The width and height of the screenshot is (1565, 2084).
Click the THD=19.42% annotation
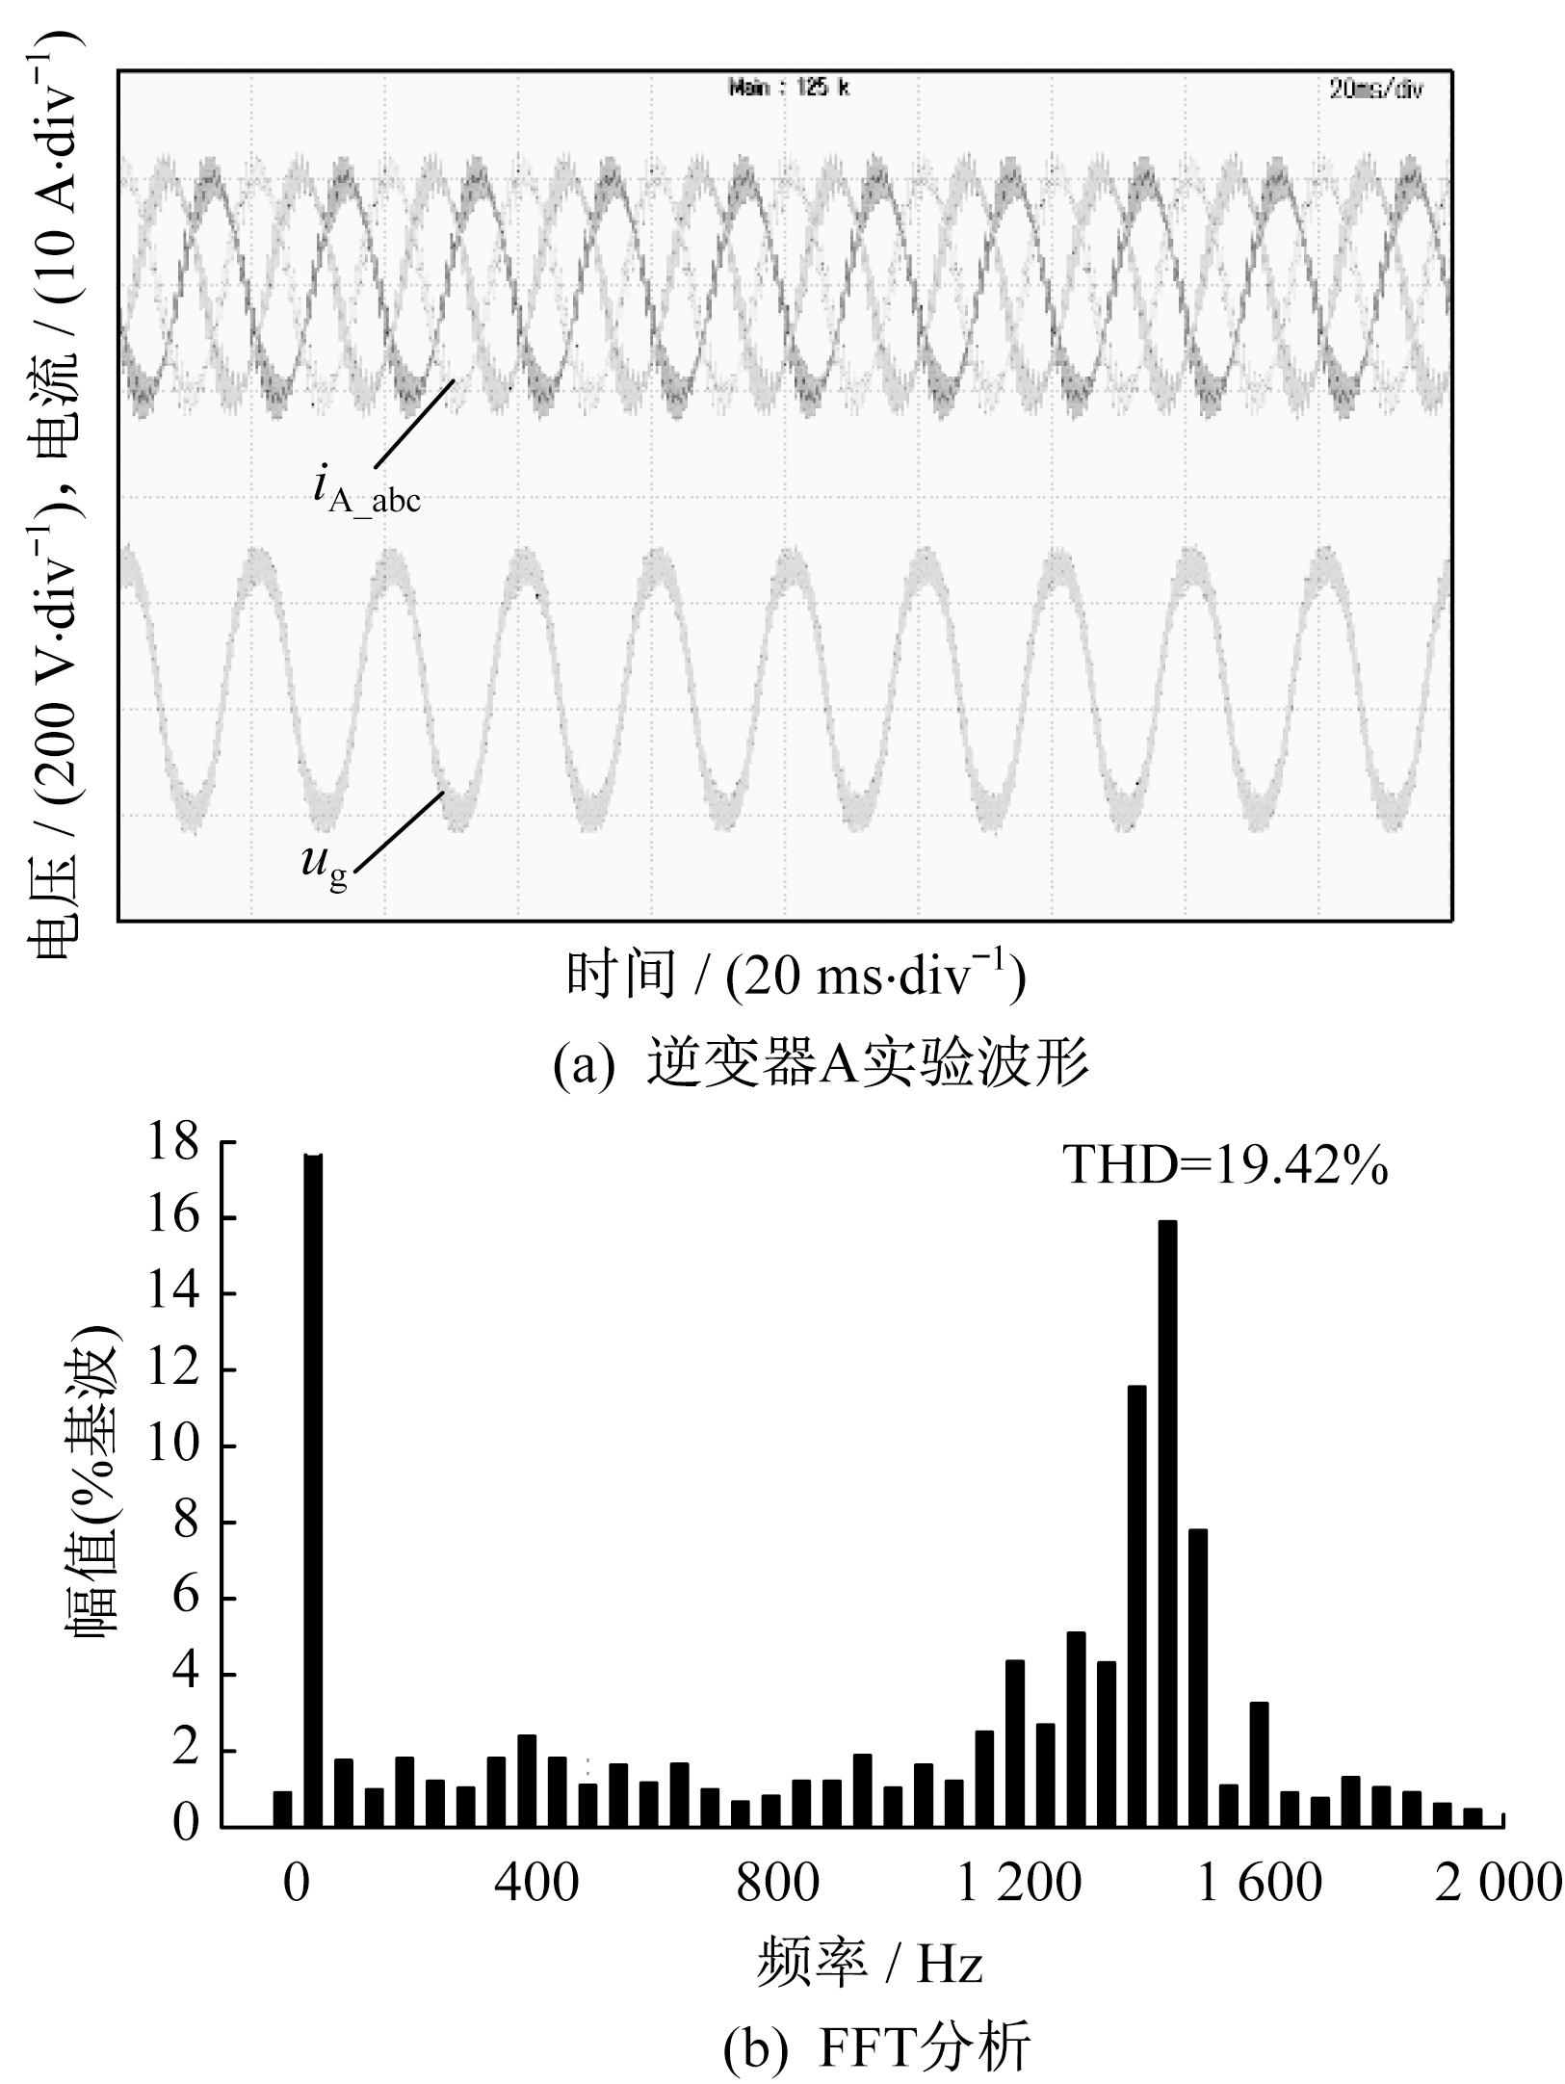point(1225,1166)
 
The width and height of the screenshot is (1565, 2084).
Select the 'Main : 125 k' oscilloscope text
point(789,88)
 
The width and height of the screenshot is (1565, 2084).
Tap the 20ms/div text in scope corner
point(1375,89)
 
